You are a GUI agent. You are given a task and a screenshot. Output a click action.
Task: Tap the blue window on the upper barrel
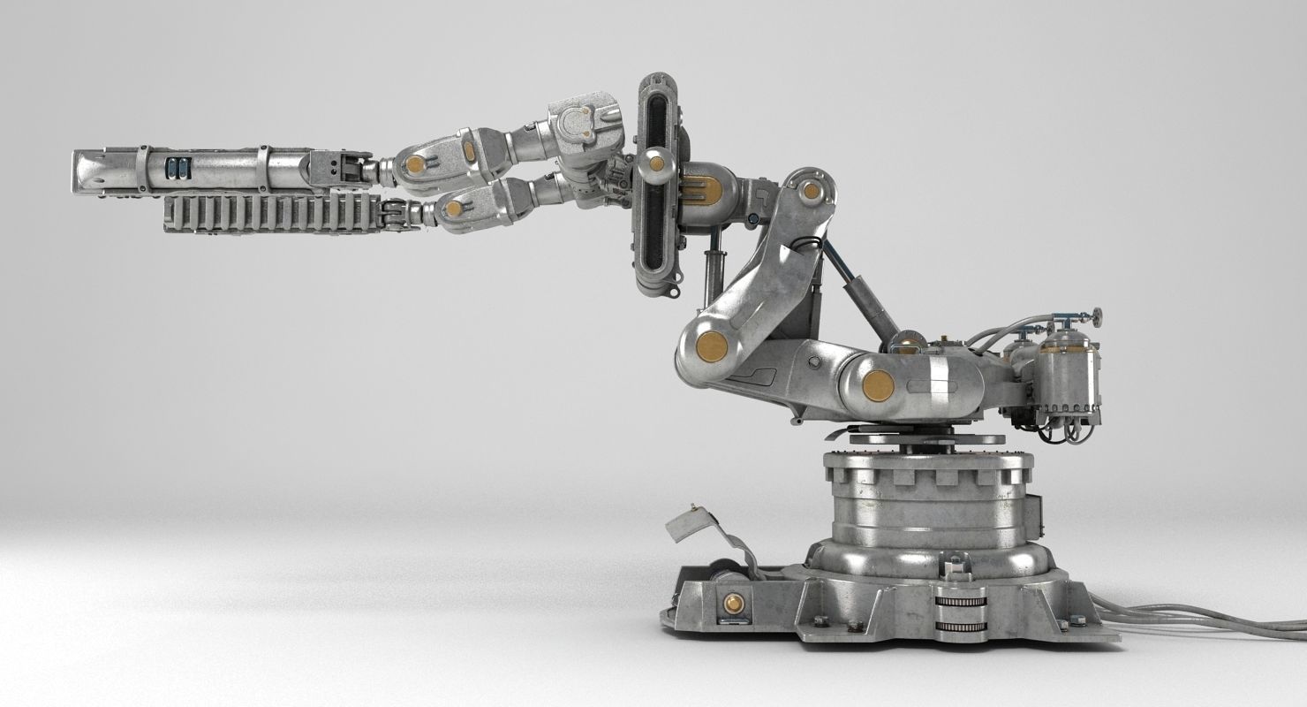[177, 168]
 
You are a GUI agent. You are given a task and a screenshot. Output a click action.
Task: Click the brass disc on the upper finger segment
[415, 164]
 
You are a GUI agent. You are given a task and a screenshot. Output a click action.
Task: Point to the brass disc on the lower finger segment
[454, 209]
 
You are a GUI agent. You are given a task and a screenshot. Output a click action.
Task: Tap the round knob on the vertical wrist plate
[655, 162]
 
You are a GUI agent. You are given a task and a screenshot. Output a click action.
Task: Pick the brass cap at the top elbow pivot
[811, 190]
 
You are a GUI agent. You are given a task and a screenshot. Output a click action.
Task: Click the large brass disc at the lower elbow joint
[710, 346]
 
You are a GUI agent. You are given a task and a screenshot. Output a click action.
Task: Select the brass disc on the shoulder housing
[878, 385]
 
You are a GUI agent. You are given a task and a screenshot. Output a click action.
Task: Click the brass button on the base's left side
[732, 604]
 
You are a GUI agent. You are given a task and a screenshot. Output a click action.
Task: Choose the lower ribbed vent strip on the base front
[961, 627]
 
